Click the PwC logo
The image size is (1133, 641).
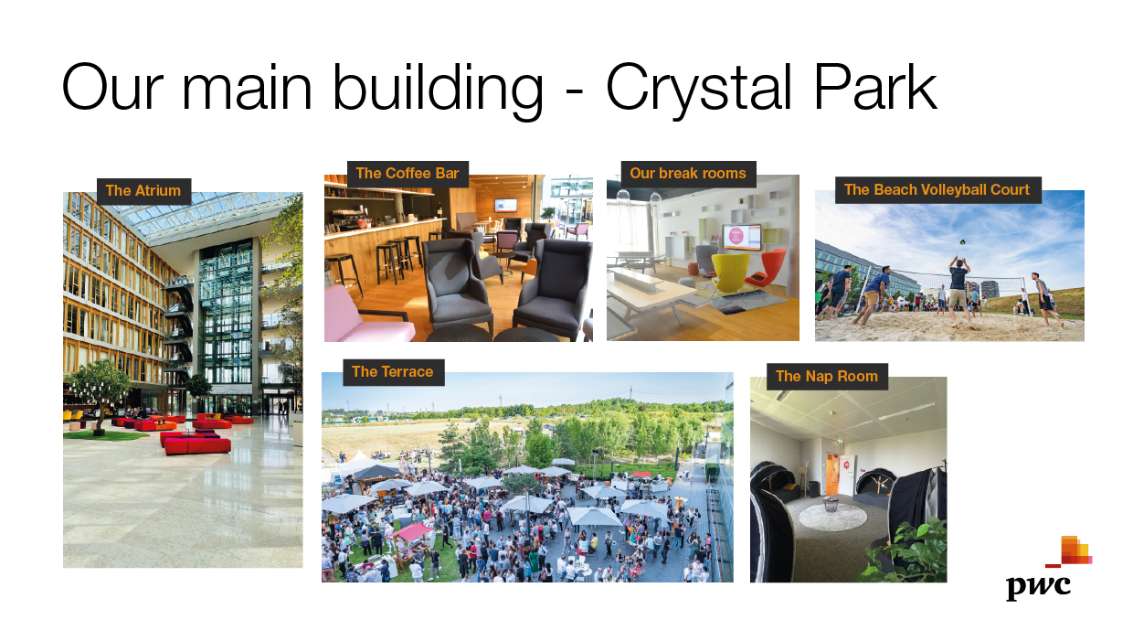coord(1048,568)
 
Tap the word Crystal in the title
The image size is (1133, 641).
coord(698,91)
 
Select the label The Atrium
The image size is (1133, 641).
coord(143,191)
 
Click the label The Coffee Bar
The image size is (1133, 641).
coord(408,174)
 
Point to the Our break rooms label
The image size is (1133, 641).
coord(688,174)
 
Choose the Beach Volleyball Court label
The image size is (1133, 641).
coord(937,190)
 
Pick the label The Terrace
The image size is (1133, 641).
coord(393,372)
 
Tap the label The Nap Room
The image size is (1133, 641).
coord(827,377)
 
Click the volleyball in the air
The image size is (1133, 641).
coord(962,242)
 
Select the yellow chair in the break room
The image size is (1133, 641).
coord(730,273)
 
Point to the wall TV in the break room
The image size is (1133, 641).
coord(742,237)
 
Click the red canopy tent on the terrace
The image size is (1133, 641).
coord(411,531)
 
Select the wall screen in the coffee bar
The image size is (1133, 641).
coord(506,205)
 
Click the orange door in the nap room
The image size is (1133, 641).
coord(832,474)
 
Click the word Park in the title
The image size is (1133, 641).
coord(875,87)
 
